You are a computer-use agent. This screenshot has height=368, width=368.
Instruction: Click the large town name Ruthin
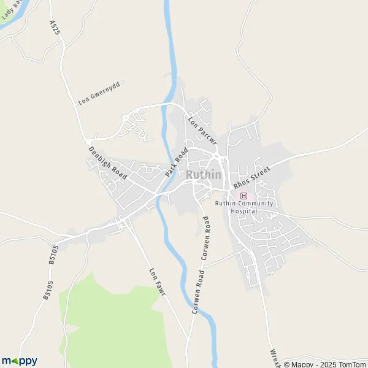(204, 175)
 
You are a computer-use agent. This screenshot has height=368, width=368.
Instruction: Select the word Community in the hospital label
(248, 203)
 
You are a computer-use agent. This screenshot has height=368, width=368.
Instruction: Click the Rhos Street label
(251, 177)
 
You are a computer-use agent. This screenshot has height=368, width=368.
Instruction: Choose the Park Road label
(175, 163)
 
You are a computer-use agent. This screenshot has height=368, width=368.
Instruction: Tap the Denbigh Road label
(107, 163)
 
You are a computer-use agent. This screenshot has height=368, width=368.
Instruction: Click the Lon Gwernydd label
(101, 92)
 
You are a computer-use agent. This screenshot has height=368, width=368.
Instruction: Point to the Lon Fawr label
(158, 282)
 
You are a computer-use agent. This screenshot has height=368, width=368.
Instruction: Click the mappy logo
(19, 361)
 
